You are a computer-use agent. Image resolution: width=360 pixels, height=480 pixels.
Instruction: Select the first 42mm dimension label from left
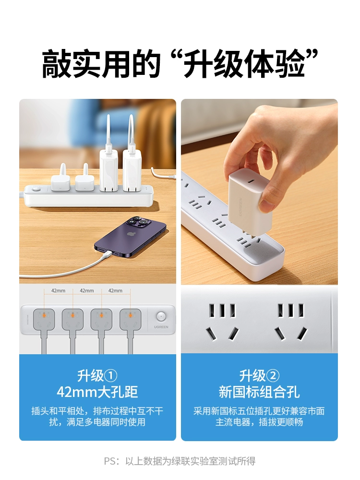pyautogui.click(x=58, y=290)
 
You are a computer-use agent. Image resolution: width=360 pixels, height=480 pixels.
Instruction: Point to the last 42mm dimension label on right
pyautogui.click(x=115, y=290)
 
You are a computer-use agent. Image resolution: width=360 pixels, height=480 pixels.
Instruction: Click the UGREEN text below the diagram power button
pyautogui.click(x=161, y=327)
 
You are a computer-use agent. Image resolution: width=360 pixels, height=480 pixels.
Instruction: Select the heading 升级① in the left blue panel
pyautogui.click(x=97, y=376)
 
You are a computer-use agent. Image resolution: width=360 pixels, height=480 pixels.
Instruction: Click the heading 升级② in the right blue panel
pyautogui.click(x=259, y=376)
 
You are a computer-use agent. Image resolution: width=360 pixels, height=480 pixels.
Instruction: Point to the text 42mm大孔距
pyautogui.click(x=97, y=392)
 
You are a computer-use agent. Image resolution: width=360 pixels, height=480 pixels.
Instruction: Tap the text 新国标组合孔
pyautogui.click(x=259, y=392)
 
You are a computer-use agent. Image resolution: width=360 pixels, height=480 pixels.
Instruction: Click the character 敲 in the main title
pyautogui.click(x=56, y=64)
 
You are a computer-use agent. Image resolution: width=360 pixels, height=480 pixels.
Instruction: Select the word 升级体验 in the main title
pyautogui.click(x=244, y=64)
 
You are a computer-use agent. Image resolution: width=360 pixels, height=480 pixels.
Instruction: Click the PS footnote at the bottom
pyautogui.click(x=180, y=461)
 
